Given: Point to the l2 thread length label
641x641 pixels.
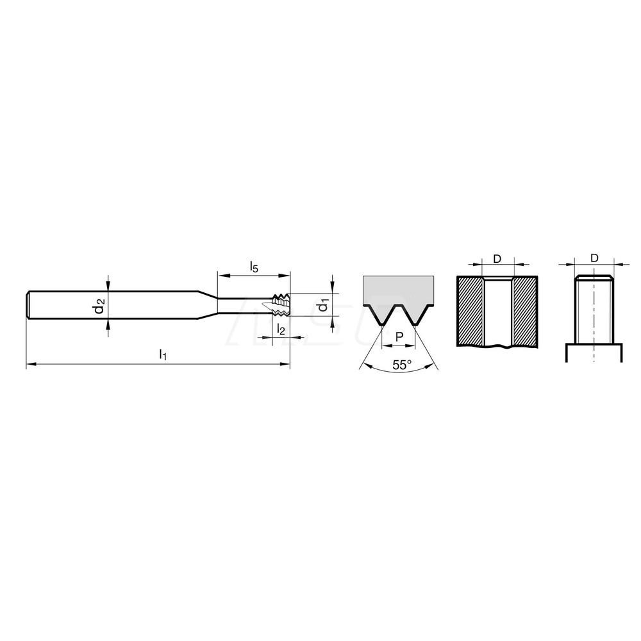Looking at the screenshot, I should tap(280, 329).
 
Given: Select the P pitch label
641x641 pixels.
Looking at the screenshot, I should tap(399, 337).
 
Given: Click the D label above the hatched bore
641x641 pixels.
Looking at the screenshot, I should tap(497, 258).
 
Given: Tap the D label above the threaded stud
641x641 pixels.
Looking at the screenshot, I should tap(594, 258).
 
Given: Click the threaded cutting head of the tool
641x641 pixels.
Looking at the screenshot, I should tap(281, 305).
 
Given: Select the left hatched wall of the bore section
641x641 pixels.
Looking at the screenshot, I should tap(470, 311).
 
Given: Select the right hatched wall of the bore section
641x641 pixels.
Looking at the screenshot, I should tap(524, 311).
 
